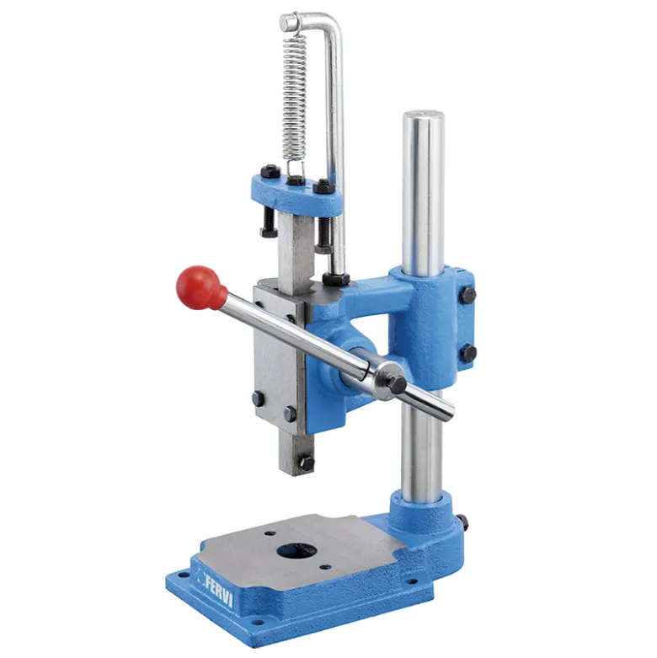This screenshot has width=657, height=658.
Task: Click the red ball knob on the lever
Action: coord(197,287)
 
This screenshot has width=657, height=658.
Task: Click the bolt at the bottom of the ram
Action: coord(306,463)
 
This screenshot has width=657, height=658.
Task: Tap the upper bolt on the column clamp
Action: coord(467,295)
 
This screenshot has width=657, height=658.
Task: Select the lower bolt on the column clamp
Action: coord(468,353)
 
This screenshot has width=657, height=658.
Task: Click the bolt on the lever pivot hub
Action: coord(396,382)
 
